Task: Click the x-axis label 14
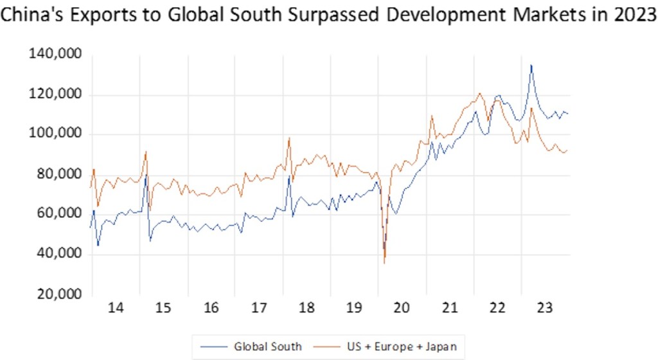[x=116, y=309]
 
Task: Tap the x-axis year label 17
[x=259, y=309]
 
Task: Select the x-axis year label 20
[x=402, y=309]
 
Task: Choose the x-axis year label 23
[x=544, y=309]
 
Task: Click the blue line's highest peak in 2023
[x=531, y=65]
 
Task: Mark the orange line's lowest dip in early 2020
[x=384, y=262]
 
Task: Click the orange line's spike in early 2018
[x=289, y=138]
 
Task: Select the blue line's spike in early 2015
[x=146, y=175]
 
